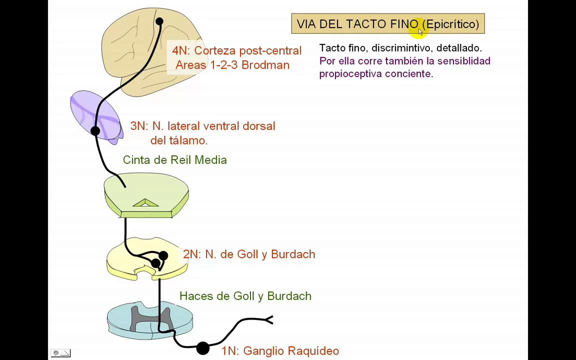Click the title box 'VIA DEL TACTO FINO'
tap(387, 24)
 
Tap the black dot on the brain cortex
tap(159, 21)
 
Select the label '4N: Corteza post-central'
tap(236, 51)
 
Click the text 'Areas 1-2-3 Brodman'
tap(232, 65)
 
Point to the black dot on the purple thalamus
tap(95, 131)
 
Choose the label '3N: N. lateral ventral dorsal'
tap(202, 126)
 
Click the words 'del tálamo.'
tap(178, 140)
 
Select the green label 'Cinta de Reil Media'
tap(174, 160)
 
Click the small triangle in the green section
tap(145, 203)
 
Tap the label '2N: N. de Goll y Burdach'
tap(249, 254)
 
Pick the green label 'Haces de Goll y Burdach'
tap(245, 296)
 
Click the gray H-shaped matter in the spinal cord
tap(150, 318)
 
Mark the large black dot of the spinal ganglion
tap(202, 348)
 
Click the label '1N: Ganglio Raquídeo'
tap(280, 351)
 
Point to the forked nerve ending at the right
tap(269, 319)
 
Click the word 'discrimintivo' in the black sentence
tap(400, 48)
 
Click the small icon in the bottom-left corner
tap(60, 353)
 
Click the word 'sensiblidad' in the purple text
tap(463, 61)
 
